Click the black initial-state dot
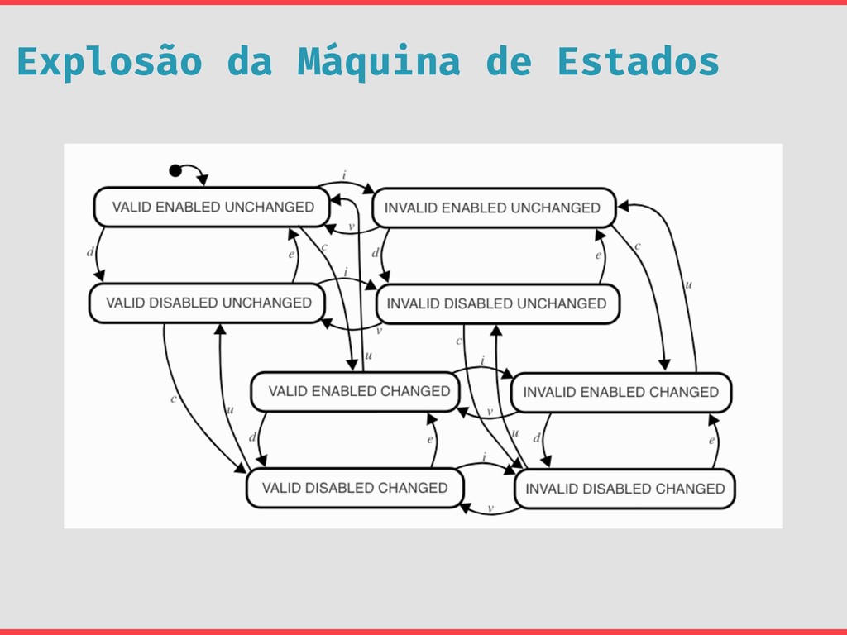click(x=175, y=170)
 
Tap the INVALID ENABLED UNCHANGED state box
click(x=494, y=208)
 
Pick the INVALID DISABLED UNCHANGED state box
click(x=497, y=303)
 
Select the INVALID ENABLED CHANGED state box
click(x=621, y=392)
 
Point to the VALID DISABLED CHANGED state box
click(x=353, y=488)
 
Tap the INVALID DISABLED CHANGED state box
click(x=624, y=489)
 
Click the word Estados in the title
click(x=638, y=62)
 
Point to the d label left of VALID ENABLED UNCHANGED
click(x=89, y=252)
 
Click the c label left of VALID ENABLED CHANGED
click(x=173, y=399)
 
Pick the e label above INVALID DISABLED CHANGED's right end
click(x=711, y=442)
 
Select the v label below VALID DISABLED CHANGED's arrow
click(x=490, y=508)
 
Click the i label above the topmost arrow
click(x=344, y=176)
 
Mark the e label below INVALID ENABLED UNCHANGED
click(x=598, y=256)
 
